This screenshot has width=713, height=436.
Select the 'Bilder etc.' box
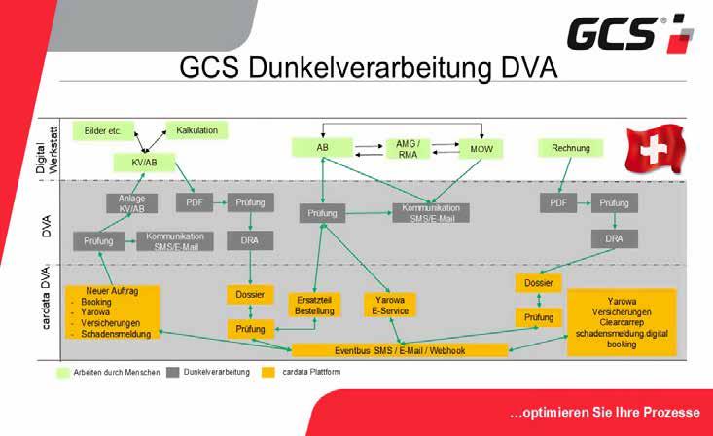click(x=102, y=129)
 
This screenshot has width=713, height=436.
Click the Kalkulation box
click(x=197, y=129)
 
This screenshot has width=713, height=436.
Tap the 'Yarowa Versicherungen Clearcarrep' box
click(x=622, y=315)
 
